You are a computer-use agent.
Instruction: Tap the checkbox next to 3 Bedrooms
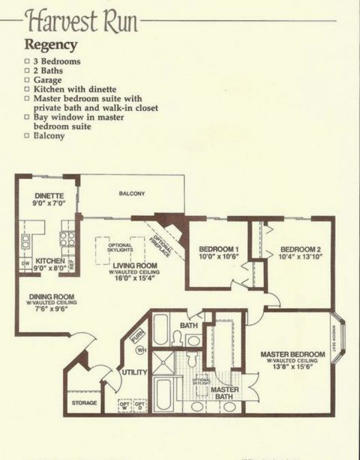[x=28, y=59]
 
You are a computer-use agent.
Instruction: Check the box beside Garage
[x=28, y=79]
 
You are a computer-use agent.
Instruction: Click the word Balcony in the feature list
[x=50, y=136]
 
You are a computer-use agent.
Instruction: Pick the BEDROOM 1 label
[x=218, y=249]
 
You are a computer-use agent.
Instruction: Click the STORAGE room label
[x=85, y=403]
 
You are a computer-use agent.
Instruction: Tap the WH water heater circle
[x=139, y=350]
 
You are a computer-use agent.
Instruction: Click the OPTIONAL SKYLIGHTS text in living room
[x=120, y=248]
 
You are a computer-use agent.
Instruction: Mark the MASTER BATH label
[x=224, y=395]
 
